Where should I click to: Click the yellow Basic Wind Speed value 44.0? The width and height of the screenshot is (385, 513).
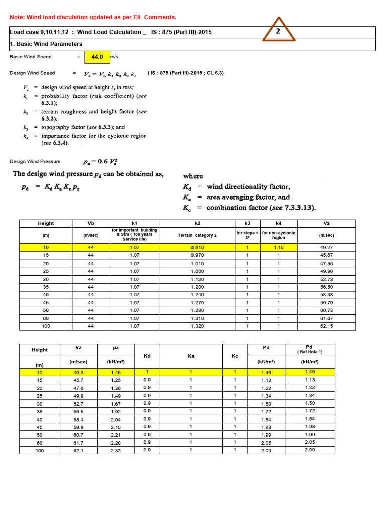click(96, 57)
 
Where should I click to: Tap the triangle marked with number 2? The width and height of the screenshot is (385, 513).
click(277, 32)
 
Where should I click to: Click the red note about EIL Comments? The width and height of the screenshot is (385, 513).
click(93, 17)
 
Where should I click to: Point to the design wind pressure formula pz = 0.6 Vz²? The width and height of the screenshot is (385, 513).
click(101, 162)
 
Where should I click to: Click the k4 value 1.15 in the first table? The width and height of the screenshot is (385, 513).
click(278, 247)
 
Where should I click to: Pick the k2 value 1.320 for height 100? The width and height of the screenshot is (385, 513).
click(197, 326)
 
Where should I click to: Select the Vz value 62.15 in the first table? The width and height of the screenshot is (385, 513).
click(327, 326)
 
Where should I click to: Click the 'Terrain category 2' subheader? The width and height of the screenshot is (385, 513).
click(197, 235)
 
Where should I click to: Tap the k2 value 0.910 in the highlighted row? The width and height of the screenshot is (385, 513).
click(197, 247)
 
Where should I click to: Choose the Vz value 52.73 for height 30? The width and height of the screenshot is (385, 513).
click(327, 279)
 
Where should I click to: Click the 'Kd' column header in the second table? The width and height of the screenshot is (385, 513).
click(147, 356)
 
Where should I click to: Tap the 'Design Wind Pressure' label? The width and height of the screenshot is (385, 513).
click(35, 161)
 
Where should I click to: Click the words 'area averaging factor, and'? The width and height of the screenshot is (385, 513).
click(248, 197)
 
